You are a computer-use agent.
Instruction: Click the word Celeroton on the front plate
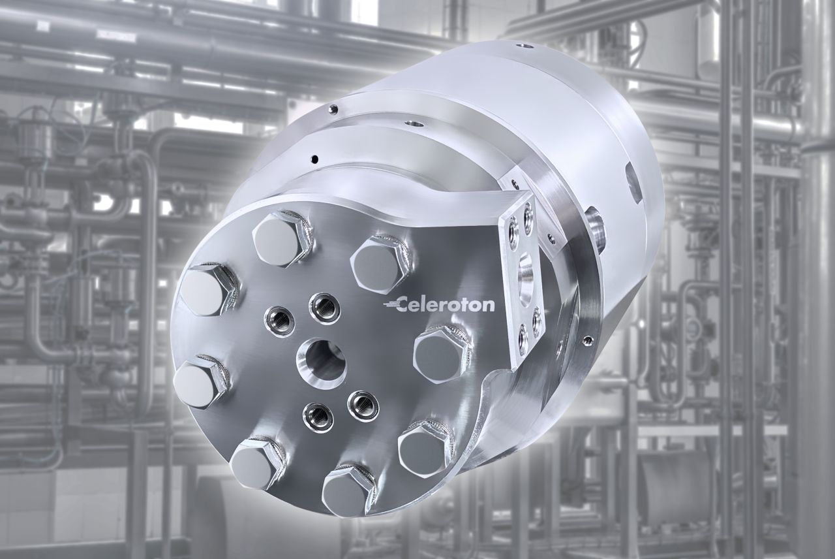(x=446, y=305)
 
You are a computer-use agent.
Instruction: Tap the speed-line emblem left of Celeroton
(x=390, y=305)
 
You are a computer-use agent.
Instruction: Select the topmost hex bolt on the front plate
(x=282, y=239)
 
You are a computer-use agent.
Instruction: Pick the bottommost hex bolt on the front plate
(x=350, y=490)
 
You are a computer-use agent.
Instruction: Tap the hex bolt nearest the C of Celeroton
(x=382, y=264)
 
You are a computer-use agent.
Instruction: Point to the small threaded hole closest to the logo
(x=324, y=308)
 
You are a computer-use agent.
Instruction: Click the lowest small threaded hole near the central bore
(x=318, y=417)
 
